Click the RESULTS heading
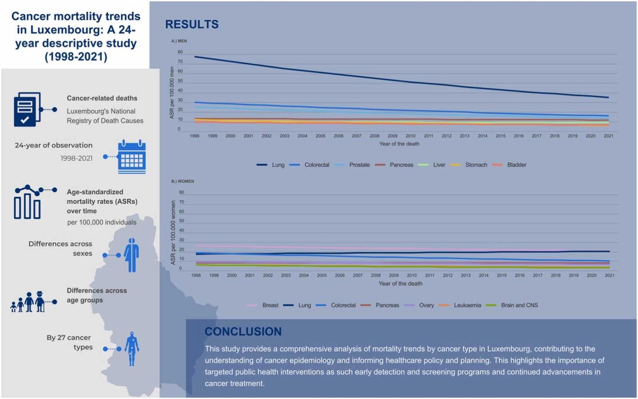[x=192, y=24]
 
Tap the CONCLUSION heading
[x=243, y=331]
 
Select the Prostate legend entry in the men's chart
[x=359, y=165]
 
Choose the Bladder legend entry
[x=517, y=165]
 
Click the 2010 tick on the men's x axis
[x=410, y=136]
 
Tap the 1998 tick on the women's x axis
[x=196, y=275]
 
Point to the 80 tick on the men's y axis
[x=180, y=52]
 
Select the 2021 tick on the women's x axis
[x=609, y=275]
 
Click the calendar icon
[x=132, y=157]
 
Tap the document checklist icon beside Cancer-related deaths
[x=27, y=109]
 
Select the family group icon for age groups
[x=28, y=302]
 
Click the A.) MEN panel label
[x=179, y=41]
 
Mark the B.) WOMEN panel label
[x=182, y=181]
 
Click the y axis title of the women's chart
[x=173, y=232]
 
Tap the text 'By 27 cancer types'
[x=69, y=342]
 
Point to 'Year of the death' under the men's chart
[x=399, y=144]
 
